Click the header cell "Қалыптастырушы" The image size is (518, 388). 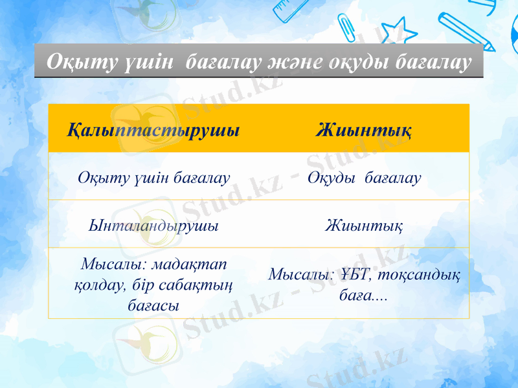click(153, 129)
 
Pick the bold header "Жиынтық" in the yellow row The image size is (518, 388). click(365, 129)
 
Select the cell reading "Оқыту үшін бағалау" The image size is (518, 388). click(153, 177)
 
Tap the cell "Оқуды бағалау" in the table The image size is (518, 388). click(365, 177)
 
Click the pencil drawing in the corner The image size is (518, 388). click(465, 29)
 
